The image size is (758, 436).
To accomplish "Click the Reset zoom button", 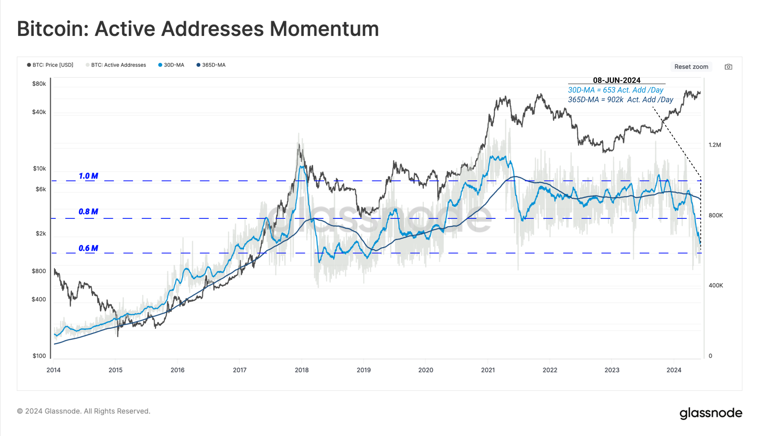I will coord(691,67).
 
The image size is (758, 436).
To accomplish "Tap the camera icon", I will coord(728,67).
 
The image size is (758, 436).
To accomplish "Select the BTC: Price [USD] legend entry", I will coord(50,65).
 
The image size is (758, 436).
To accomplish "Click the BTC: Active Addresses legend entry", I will coord(116,65).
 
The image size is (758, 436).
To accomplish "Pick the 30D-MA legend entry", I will coord(171,65).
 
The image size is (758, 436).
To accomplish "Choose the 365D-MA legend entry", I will coord(211,65).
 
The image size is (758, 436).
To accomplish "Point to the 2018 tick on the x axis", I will coord(302,370).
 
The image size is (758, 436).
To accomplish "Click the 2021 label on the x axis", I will coord(488,370).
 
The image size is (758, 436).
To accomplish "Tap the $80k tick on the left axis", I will coord(39,84).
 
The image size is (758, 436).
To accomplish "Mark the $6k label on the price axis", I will coord(41,189).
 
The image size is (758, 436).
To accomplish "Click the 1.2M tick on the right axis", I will coord(715,145).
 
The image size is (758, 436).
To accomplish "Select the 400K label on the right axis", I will coord(716,285).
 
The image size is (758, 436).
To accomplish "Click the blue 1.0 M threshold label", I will coord(88,176).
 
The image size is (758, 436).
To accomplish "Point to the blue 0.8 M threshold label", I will coord(88,212).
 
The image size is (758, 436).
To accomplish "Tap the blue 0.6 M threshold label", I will coord(88,248).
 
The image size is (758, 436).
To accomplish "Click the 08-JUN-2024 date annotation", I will coord(617,80).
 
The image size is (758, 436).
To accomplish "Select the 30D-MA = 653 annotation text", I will coord(615,90).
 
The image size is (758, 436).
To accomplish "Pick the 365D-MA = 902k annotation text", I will coord(620,100).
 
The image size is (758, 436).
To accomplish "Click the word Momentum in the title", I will coord(324,29).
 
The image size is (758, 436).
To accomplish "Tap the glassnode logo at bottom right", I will coord(711,413).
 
